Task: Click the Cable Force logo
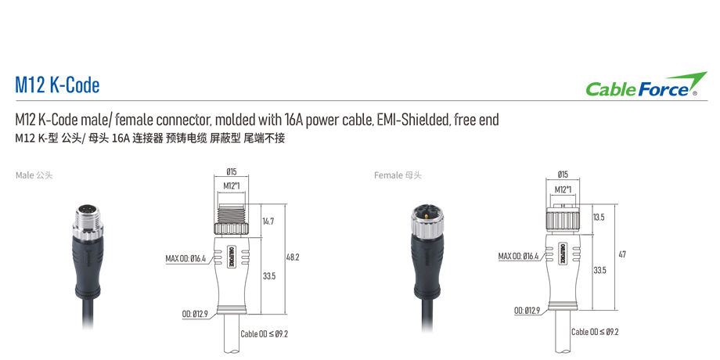coord(646,85)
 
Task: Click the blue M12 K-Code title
coord(57,86)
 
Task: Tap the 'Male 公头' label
coord(34,175)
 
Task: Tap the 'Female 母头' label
coord(398,175)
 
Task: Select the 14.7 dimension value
coord(268,221)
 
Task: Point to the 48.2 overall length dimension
coord(293,257)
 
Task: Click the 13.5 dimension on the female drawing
coord(599,218)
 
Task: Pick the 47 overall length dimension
coord(622,254)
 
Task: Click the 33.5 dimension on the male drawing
coord(269,276)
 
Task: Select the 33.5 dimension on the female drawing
coord(599,270)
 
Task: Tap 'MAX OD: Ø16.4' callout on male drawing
coord(185,258)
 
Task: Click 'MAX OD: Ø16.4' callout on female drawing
coord(518,256)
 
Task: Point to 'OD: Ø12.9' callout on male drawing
coord(195,314)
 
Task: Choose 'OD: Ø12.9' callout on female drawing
coord(527,311)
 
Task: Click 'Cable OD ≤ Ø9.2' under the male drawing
coord(264,334)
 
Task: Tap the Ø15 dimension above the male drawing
coord(232,172)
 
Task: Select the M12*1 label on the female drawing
coord(563,189)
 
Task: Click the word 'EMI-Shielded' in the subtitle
coord(412,121)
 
